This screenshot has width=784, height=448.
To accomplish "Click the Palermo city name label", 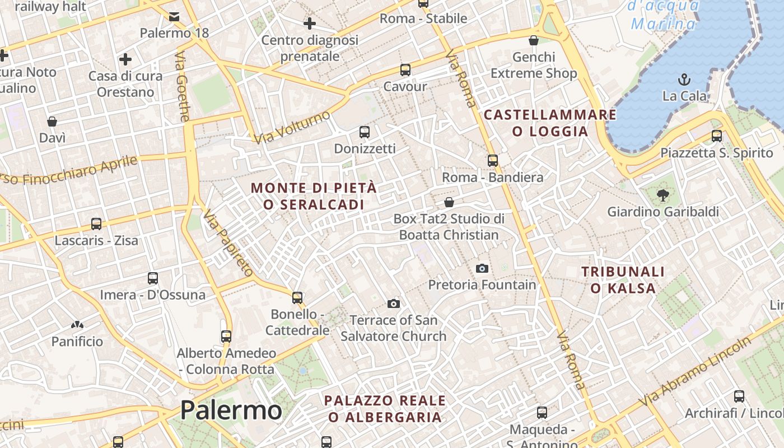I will [231, 410].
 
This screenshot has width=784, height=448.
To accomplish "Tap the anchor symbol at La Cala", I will [684, 79].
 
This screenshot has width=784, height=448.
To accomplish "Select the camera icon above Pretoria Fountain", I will [482, 269].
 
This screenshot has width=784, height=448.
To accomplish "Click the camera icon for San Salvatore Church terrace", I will [394, 304].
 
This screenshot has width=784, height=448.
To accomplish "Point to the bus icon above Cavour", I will [405, 70].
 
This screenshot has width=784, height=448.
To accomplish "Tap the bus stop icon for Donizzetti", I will [365, 132].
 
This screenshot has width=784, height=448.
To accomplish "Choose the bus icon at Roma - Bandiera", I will [493, 161].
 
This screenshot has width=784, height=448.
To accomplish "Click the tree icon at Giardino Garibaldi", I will [664, 195].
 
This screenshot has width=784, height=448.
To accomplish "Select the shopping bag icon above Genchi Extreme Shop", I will [534, 40].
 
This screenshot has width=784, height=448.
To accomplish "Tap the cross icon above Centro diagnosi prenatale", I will [309, 24].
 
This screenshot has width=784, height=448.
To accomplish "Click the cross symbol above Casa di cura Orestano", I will [125, 59].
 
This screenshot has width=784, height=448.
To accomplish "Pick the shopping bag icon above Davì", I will [52, 122].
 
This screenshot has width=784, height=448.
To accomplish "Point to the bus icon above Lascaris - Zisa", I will [96, 224].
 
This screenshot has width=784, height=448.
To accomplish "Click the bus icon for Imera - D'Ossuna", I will [152, 278].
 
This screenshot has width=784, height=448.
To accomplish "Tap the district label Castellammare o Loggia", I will [550, 123].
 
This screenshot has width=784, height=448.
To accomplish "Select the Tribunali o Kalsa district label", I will [623, 280].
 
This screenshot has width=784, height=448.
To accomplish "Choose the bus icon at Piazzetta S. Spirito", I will [716, 136].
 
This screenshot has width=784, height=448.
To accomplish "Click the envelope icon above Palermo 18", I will [174, 16].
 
